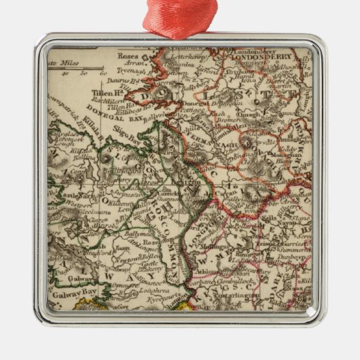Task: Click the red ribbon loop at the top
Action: pos(180,16)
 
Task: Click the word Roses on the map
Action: pos(128,57)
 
